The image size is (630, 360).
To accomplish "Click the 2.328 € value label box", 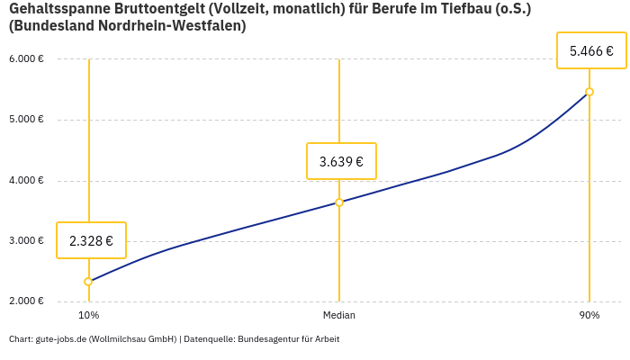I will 91,240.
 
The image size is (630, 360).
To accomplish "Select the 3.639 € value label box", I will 341,161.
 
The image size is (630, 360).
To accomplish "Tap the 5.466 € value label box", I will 591,51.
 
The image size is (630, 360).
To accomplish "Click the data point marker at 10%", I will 88,282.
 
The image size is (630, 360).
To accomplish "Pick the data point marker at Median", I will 339,202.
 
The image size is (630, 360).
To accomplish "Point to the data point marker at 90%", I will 589,92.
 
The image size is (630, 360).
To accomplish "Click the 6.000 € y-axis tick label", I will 26,59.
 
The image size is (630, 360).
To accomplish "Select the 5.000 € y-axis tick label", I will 26,120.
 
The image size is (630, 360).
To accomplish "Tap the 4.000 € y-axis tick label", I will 26,181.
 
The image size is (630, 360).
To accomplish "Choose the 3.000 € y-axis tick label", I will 26,241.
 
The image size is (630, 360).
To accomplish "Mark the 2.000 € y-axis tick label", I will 26,301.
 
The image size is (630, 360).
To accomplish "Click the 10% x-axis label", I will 88,316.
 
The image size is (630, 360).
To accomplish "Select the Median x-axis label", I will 339,316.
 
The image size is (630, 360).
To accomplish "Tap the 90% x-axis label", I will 589,316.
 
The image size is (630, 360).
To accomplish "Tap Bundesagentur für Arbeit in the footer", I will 289,339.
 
